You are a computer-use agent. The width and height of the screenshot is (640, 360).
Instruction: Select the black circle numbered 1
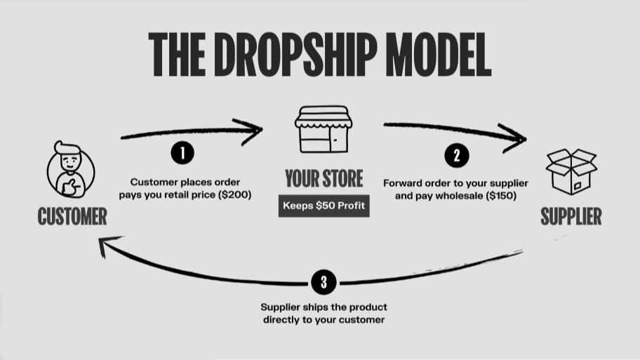click(182, 152)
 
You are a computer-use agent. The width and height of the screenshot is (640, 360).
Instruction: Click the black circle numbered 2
click(457, 155)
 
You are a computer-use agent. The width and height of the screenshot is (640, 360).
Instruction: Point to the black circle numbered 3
click(324, 283)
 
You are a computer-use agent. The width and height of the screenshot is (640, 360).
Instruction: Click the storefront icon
click(323, 130)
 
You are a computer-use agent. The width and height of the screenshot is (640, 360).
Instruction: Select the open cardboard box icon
click(571, 172)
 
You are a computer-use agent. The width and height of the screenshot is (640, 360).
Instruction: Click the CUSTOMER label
click(72, 217)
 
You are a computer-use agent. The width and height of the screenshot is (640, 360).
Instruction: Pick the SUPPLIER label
click(571, 217)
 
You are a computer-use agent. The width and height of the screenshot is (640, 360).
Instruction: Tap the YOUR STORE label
click(324, 179)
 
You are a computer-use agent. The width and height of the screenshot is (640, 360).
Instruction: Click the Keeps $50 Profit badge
click(324, 206)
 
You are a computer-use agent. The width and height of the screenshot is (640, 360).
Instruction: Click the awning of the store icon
click(323, 117)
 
